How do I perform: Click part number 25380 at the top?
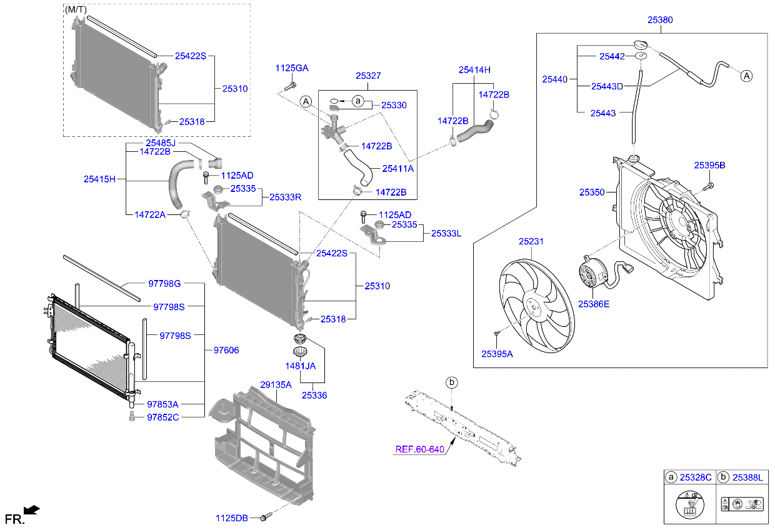tap(659, 20)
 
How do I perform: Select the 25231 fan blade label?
tap(530, 241)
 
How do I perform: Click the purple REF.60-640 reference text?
tap(419, 449)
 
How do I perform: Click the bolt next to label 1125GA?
tap(292, 84)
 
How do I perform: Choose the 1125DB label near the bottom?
tap(231, 517)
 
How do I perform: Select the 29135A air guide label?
tap(276, 385)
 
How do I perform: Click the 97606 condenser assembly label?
tap(226, 351)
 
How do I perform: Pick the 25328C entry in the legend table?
tap(696, 477)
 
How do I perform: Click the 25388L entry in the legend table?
tap(747, 477)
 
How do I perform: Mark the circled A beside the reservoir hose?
tap(747, 76)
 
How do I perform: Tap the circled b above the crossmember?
tap(451, 382)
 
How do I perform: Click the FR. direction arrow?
tap(32, 511)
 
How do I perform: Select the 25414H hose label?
tap(474, 70)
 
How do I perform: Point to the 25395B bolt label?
tap(709, 165)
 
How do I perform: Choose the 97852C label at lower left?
tap(162, 417)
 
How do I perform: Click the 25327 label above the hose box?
tap(368, 76)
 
